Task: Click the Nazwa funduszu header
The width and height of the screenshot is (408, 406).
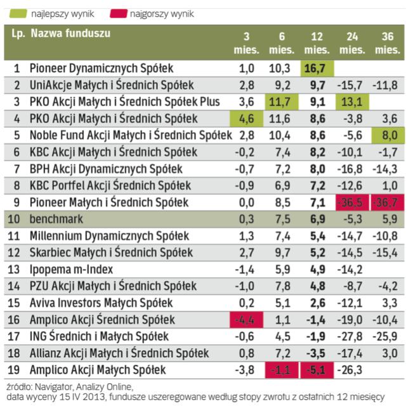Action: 70,33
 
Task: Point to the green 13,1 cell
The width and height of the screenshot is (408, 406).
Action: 350,101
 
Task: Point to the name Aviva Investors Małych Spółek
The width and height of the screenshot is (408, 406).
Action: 101,303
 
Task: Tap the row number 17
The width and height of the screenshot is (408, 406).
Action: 16,336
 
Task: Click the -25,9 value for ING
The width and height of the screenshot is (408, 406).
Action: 386,336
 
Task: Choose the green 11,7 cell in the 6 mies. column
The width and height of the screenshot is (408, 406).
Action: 279,101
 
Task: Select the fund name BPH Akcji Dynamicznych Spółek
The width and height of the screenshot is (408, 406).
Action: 106,169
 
